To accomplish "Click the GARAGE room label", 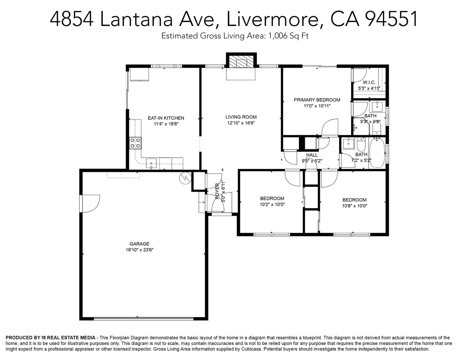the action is (139, 244).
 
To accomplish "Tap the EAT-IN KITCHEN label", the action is (166, 118).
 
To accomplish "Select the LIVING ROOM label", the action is (241, 117).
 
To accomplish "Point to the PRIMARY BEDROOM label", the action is (317, 100).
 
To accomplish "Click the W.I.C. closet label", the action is (369, 82).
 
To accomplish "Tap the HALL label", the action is (312, 155).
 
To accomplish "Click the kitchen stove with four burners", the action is (135, 143).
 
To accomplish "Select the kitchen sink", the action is (151, 163).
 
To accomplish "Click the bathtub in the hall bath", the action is (377, 153).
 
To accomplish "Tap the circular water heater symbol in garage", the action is (185, 178).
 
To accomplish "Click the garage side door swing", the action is (91, 203).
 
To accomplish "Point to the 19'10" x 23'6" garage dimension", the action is (140, 250).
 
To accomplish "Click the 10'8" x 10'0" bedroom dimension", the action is (354, 206).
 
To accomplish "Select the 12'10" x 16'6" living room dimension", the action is (241, 123).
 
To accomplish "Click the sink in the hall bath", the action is (348, 143).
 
